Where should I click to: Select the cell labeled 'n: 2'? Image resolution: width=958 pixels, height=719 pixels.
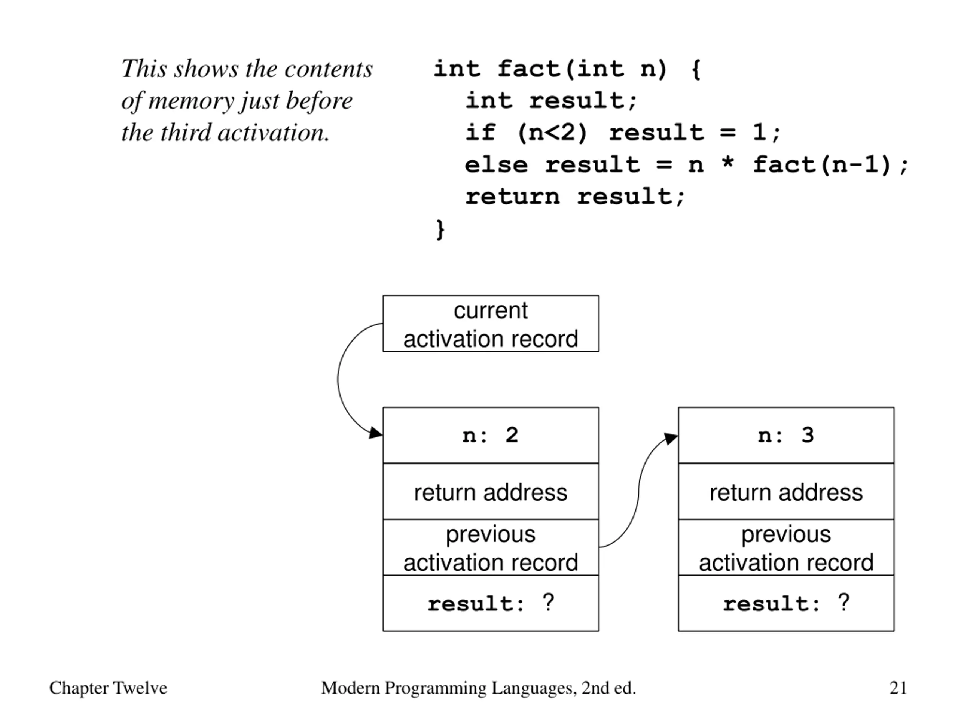point(491,435)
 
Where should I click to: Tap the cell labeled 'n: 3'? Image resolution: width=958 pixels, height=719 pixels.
point(786,435)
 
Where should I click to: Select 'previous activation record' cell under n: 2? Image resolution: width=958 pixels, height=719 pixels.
point(491,547)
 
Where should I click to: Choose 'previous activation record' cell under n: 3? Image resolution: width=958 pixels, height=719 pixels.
point(786,547)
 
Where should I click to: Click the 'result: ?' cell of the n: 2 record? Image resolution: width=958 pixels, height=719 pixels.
point(491,603)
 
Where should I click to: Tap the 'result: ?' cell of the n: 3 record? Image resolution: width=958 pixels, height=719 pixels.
point(786,603)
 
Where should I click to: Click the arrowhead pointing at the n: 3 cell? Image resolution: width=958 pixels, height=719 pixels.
point(671,438)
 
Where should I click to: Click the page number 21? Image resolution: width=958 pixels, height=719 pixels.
point(898,688)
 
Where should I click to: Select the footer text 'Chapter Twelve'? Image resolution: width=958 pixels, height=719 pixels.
point(108,688)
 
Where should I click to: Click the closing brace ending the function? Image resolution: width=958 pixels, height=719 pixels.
point(440,229)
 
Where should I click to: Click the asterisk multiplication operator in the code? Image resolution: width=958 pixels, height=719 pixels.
point(728,163)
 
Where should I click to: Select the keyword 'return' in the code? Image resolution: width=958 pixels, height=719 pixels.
point(512,197)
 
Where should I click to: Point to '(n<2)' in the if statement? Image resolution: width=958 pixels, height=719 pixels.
point(553,133)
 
